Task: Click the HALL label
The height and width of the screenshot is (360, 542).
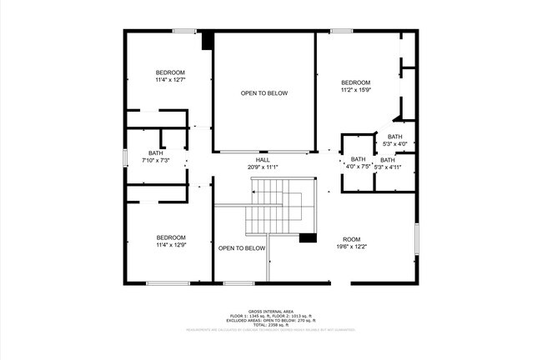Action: click(x=263, y=160)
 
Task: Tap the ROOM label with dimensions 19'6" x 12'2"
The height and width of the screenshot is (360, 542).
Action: click(x=351, y=239)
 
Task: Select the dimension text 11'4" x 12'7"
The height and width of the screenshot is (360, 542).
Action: click(x=169, y=80)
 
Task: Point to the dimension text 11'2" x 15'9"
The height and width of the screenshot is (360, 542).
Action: click(x=355, y=89)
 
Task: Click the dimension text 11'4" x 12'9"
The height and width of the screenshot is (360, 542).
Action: click(x=170, y=244)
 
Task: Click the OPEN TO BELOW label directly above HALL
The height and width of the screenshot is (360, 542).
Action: click(x=264, y=93)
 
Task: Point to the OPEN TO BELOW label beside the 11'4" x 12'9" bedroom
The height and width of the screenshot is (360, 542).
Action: click(x=242, y=248)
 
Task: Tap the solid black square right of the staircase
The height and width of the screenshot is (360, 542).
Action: click(x=308, y=237)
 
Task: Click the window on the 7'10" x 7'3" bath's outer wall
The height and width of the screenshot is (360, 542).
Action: click(x=125, y=156)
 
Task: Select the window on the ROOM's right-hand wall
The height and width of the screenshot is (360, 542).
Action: click(x=416, y=238)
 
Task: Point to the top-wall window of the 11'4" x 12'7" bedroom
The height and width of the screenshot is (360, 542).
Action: click(x=184, y=32)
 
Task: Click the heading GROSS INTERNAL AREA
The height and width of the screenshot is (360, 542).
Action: click(x=271, y=310)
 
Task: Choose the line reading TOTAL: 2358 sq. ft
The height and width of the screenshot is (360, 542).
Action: click(x=271, y=324)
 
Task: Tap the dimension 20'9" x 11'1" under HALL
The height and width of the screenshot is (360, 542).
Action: click(x=263, y=167)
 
